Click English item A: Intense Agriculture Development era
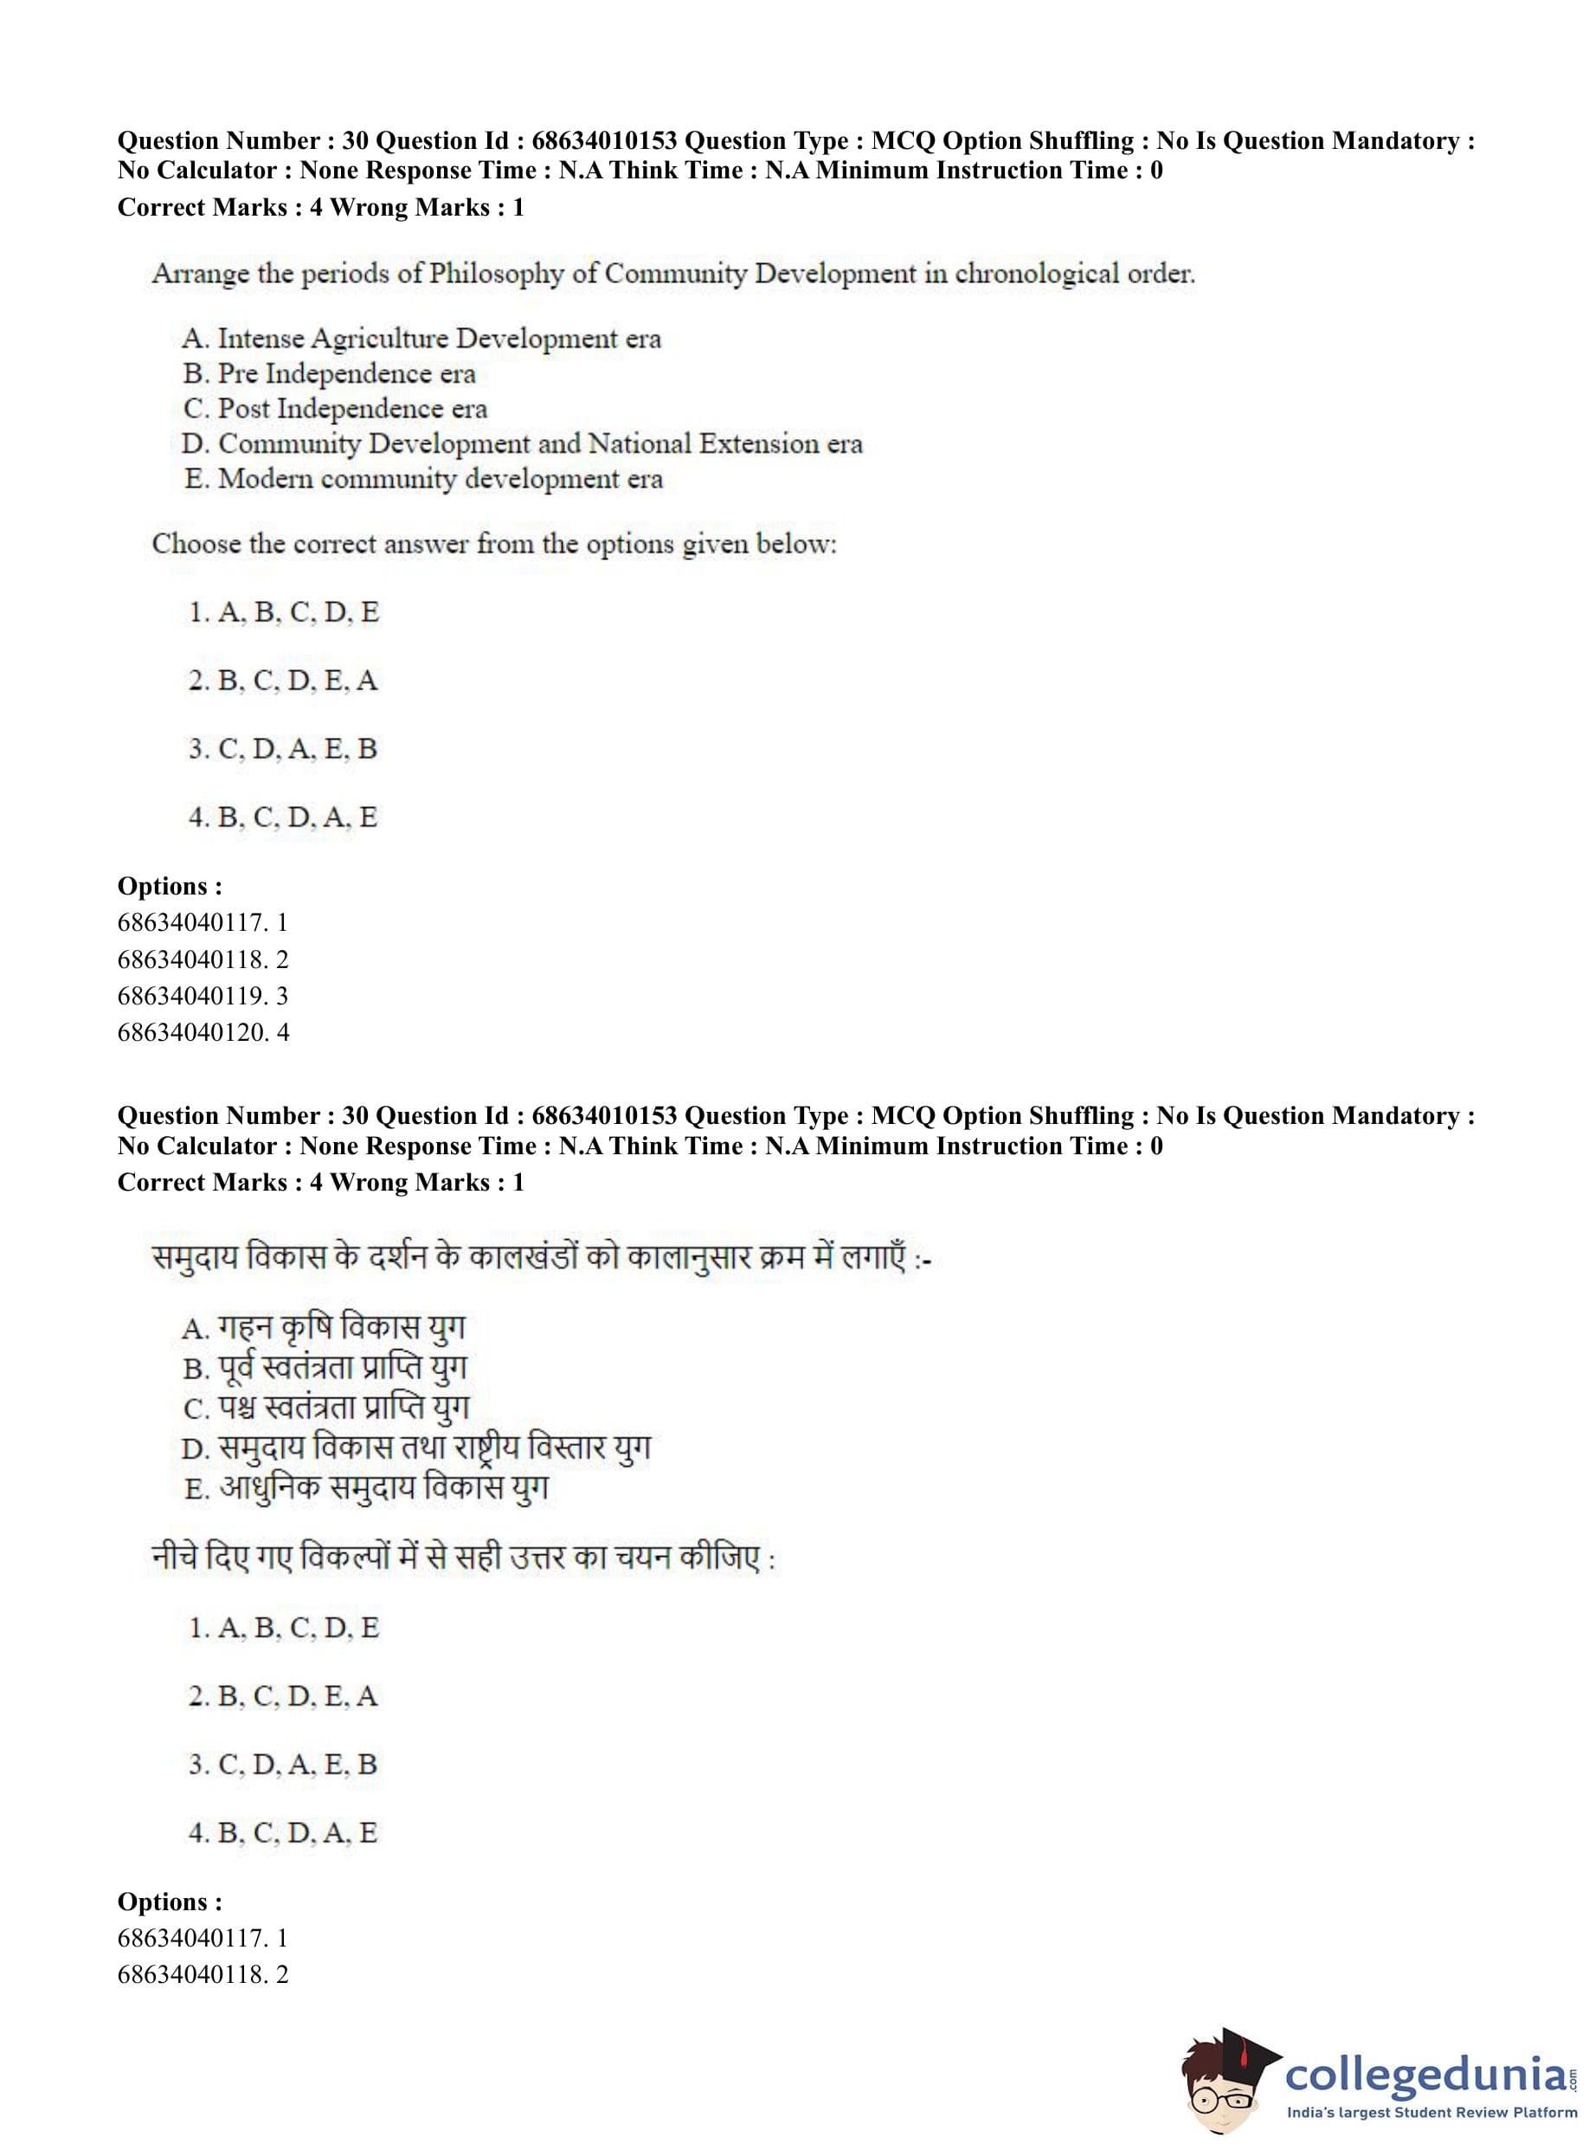tap(421, 339)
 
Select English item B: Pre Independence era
tap(329, 373)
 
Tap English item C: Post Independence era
tap(335, 409)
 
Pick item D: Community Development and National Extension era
tap(521, 443)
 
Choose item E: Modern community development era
tap(423, 478)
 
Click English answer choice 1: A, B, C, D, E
tap(284, 612)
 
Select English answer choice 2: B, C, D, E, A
tap(283, 681)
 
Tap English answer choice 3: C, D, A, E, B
tap(283, 749)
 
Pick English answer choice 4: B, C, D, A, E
tap(283, 817)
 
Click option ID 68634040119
tap(202, 995)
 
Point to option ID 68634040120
tap(202, 1031)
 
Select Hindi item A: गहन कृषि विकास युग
tap(323, 1328)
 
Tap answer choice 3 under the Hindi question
tap(283, 1764)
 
